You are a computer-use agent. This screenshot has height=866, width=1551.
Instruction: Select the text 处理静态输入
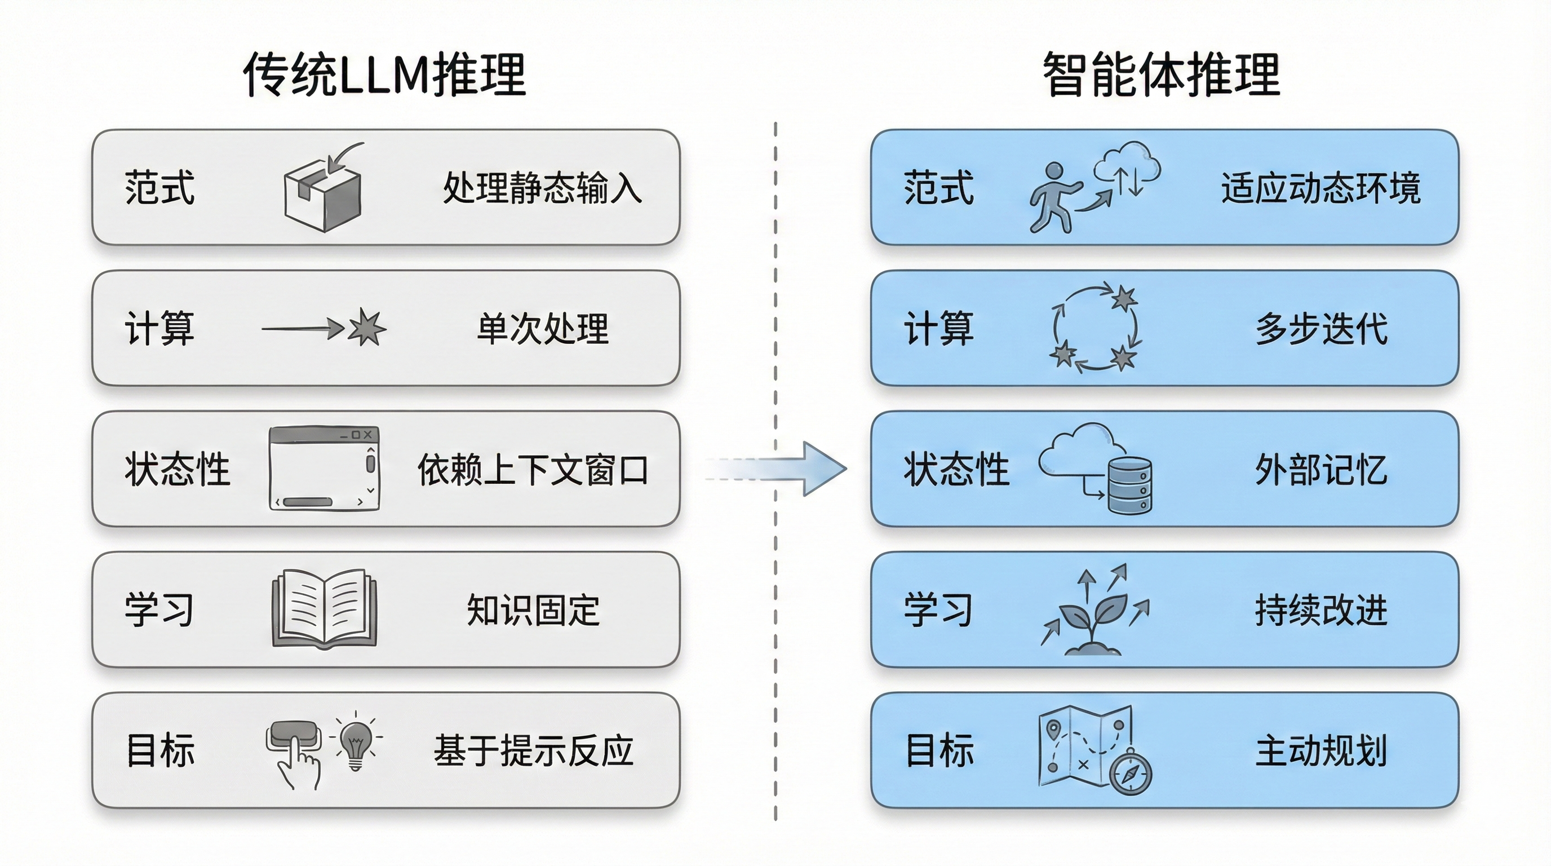[x=542, y=188]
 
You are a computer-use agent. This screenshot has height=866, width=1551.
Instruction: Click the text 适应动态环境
[x=1321, y=188]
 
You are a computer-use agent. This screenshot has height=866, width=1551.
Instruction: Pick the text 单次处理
[x=542, y=329]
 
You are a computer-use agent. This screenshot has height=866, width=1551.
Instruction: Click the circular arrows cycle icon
[x=1094, y=329]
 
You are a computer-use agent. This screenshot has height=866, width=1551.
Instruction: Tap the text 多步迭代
[x=1321, y=329]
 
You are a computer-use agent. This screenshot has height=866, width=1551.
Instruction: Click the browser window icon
[x=324, y=469]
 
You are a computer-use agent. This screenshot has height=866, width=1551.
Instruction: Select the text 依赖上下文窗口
[x=532, y=470]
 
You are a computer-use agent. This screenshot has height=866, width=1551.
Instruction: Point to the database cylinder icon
[x=1129, y=485]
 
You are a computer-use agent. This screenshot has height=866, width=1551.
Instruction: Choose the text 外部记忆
[x=1321, y=470]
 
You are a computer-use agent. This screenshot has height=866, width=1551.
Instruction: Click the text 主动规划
[x=1321, y=751]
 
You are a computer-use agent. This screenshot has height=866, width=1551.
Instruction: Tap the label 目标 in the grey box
[x=160, y=751]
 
